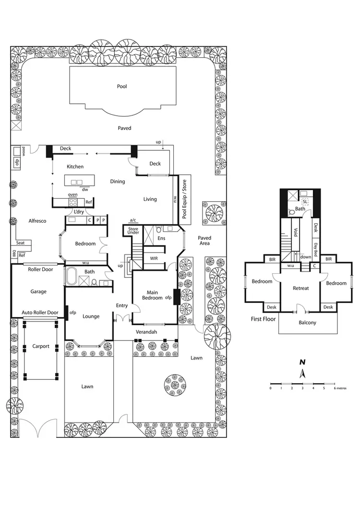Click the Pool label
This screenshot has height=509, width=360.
[x=122, y=86]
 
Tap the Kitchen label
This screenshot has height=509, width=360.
[x=75, y=167]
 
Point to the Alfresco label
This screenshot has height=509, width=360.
[x=37, y=221]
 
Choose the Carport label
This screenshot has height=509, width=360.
[x=41, y=346]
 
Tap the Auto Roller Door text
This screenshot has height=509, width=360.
[x=40, y=313]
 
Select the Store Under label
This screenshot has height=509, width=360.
[x=133, y=230]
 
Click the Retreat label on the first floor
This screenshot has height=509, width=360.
[x=300, y=288]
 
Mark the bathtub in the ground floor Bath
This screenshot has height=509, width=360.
[x=72, y=278]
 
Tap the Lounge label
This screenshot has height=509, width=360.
[x=91, y=316]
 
